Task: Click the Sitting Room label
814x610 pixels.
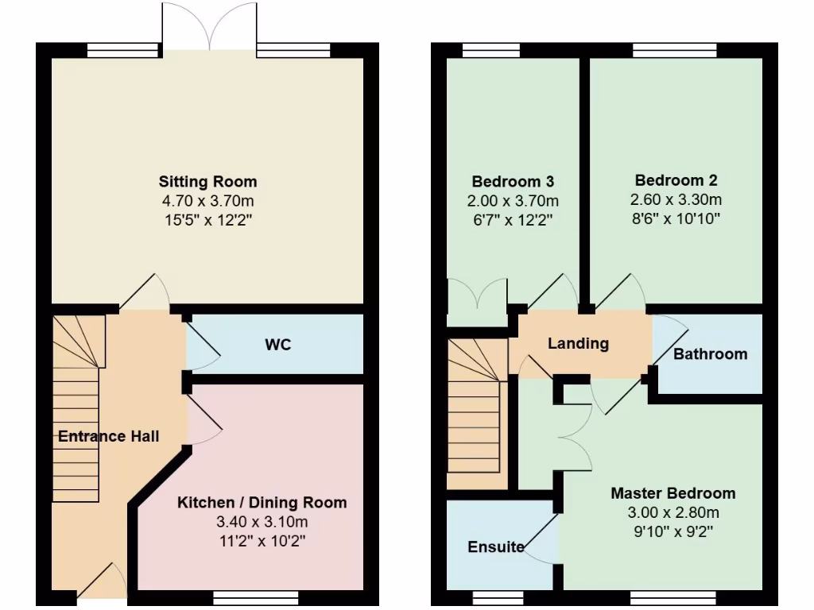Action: click(x=207, y=181)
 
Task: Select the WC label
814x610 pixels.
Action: click(x=277, y=345)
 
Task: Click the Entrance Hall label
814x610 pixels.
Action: click(x=108, y=436)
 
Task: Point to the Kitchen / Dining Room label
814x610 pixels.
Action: click(x=262, y=503)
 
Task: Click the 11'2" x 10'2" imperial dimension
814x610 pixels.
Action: click(x=262, y=541)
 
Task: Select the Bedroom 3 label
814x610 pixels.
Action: click(x=512, y=180)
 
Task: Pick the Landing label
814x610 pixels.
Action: click(x=578, y=344)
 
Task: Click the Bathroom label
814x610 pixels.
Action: click(x=710, y=354)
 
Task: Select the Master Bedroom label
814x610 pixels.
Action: click(x=673, y=493)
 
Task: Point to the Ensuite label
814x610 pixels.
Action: click(x=495, y=546)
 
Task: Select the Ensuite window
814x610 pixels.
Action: click(x=498, y=596)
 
